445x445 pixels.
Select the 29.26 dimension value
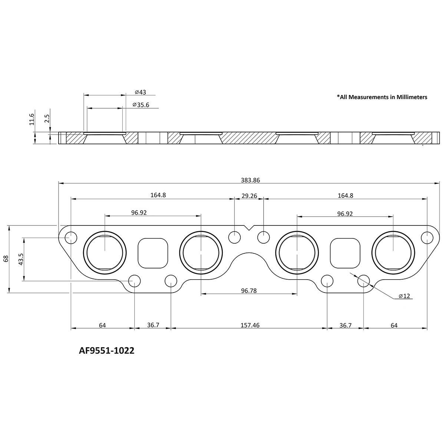point(249,196)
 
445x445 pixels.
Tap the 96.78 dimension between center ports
point(249,291)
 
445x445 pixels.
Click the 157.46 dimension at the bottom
point(250,325)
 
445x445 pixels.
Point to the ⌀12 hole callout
point(404,296)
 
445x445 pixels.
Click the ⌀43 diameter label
point(141,92)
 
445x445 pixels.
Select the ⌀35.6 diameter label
point(141,105)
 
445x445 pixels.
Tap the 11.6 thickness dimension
point(32,119)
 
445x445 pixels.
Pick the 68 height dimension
point(6,259)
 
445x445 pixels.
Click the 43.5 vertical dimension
point(21,259)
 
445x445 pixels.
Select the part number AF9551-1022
point(106,350)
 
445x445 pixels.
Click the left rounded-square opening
point(152,253)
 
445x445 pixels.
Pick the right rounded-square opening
point(345,253)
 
